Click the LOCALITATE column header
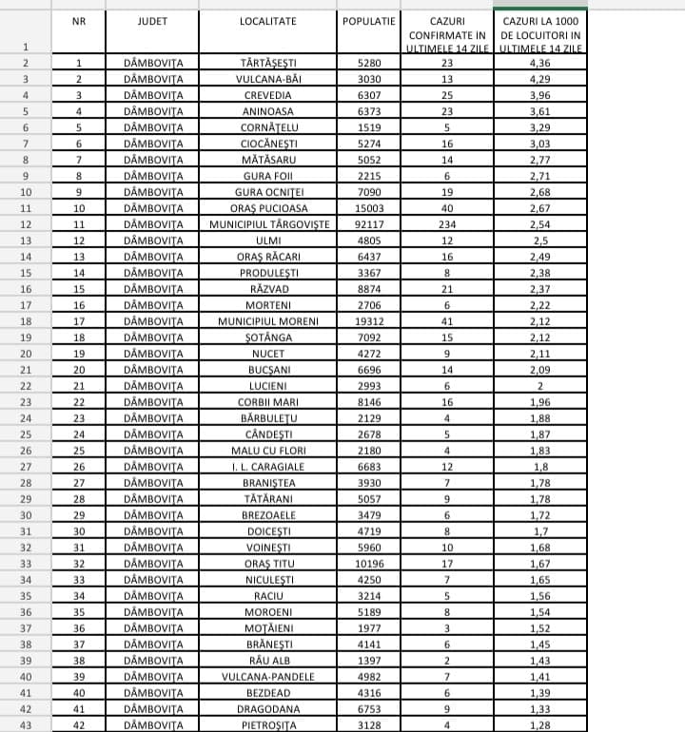point(268,20)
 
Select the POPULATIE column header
point(368,20)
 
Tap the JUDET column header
point(152,20)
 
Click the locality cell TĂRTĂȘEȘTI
point(268,63)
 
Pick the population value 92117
point(368,224)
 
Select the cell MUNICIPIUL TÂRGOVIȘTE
point(268,224)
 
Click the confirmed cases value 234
point(446,224)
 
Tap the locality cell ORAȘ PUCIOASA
point(268,208)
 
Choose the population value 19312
point(368,321)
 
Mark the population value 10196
point(368,564)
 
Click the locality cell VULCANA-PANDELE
point(268,677)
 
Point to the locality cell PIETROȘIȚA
point(268,725)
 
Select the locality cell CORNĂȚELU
point(268,127)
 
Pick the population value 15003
point(368,208)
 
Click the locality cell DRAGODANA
point(268,709)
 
